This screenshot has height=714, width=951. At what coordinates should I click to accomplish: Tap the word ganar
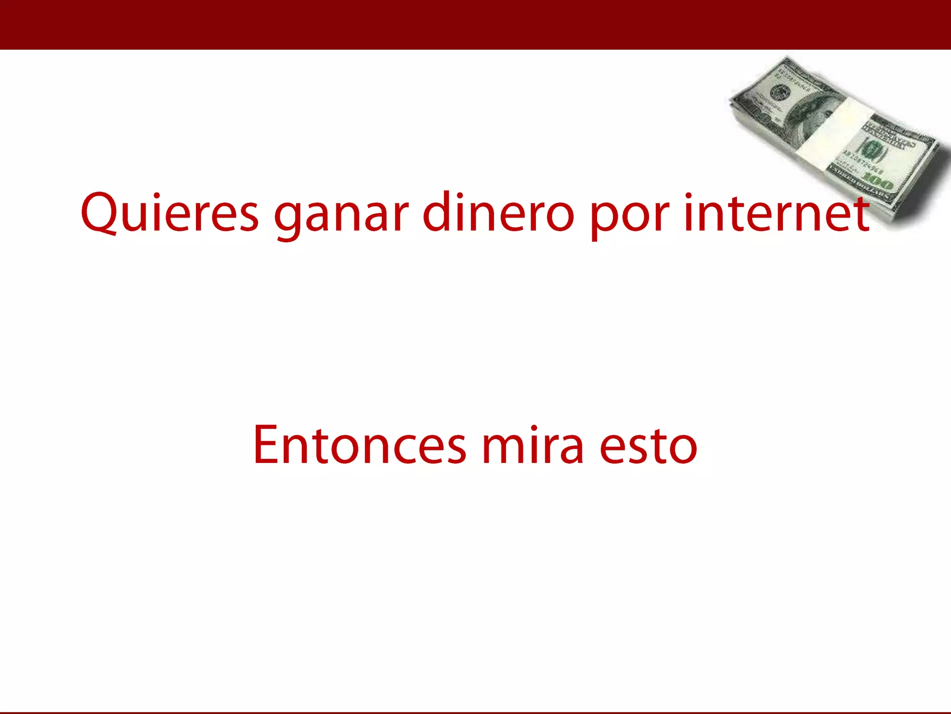tap(341, 216)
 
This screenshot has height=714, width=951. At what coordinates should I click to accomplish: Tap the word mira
tap(532, 445)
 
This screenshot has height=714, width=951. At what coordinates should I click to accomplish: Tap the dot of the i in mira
tap(534, 428)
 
